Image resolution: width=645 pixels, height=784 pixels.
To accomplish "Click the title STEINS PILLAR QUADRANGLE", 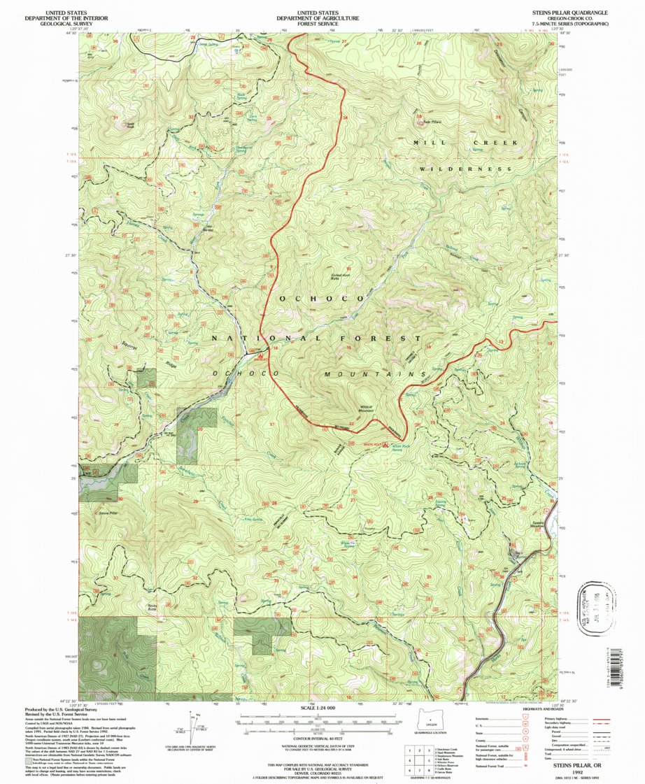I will point(567,13).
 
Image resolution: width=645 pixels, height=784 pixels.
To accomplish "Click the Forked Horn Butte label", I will point(341,278).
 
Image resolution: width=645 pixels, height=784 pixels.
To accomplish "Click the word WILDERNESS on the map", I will point(467,169).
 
